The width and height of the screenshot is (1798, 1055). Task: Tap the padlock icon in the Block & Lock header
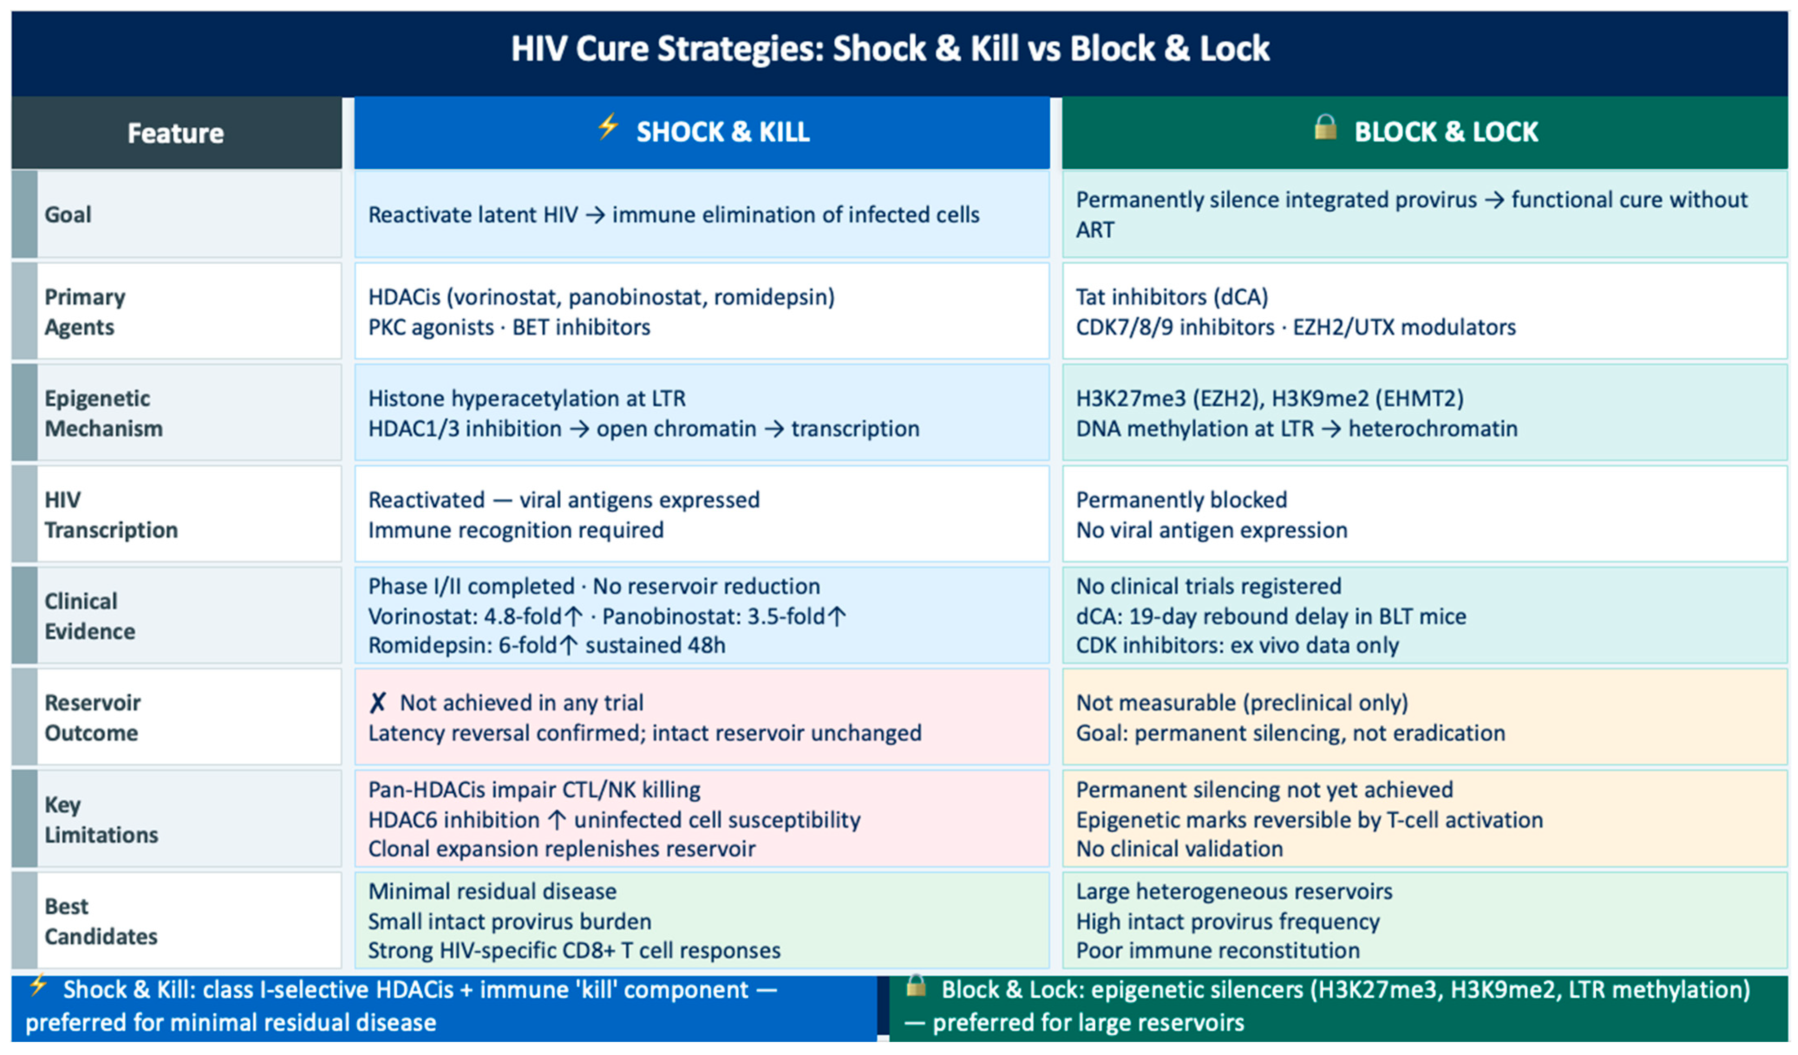click(x=1326, y=127)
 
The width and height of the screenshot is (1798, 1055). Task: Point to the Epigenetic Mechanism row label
click(x=103, y=413)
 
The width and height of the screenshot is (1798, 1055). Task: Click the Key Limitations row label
click(x=101, y=819)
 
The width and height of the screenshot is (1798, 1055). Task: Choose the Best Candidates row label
click(x=100, y=921)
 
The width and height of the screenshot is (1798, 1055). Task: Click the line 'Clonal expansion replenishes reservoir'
click(x=561, y=849)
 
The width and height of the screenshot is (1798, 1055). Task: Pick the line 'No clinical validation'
click(x=1179, y=849)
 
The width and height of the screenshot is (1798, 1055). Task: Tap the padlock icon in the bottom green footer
click(x=916, y=986)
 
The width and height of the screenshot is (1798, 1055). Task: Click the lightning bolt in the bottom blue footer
click(x=38, y=986)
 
